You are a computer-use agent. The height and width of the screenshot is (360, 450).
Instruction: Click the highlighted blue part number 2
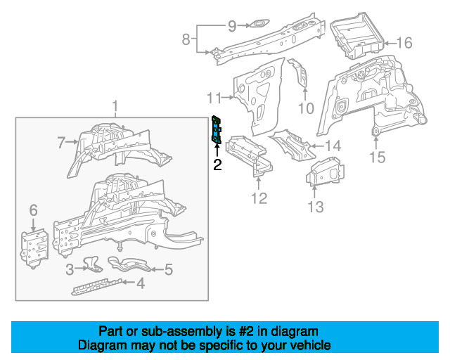coord(216,129)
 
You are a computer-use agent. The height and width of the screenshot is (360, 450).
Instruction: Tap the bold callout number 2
coord(217,165)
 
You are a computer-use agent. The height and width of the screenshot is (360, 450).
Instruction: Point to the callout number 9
coord(232,26)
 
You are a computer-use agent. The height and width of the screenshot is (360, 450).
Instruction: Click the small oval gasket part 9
coord(259,23)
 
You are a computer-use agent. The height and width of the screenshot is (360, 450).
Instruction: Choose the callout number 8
coord(186,39)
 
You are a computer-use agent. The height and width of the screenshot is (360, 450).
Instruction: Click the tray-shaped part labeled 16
coord(356,36)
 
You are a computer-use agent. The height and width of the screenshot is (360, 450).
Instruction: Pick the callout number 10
coord(306,108)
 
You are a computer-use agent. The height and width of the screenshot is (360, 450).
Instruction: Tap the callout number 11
coord(214,98)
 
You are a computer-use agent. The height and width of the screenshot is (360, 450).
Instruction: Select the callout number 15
coord(377,157)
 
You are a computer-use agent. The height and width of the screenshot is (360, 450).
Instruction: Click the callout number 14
coord(333,146)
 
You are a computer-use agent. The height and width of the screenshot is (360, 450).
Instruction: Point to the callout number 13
coord(316,207)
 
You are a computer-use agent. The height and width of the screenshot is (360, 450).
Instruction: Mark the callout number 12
coord(259,198)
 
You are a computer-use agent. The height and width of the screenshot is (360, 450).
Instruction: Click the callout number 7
coord(61,143)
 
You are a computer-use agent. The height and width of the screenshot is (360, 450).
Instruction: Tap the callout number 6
coord(33,210)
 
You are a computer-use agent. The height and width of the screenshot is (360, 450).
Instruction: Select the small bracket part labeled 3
coord(93,264)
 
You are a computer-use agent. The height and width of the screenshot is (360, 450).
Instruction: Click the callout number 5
coord(169,269)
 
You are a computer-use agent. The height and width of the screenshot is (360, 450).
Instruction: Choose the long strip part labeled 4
coord(97,286)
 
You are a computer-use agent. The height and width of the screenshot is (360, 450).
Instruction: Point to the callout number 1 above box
coord(115,106)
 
